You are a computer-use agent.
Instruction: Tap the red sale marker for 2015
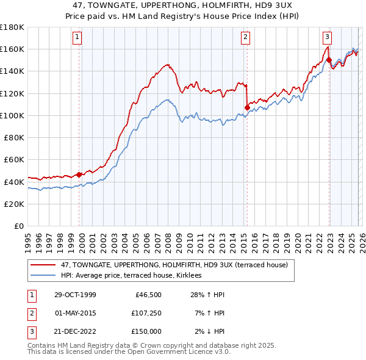[x=247, y=107]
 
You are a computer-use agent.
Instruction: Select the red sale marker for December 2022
[x=329, y=60]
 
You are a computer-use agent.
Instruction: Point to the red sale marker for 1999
[x=79, y=175]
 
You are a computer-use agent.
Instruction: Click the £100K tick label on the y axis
[x=12, y=115]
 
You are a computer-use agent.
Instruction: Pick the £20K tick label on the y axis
[x=14, y=204]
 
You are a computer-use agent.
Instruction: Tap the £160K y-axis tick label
[x=12, y=49]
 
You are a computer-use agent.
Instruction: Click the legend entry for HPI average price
[x=135, y=276]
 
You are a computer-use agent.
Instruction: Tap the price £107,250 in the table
[x=146, y=313]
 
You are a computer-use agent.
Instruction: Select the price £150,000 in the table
[x=146, y=331]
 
